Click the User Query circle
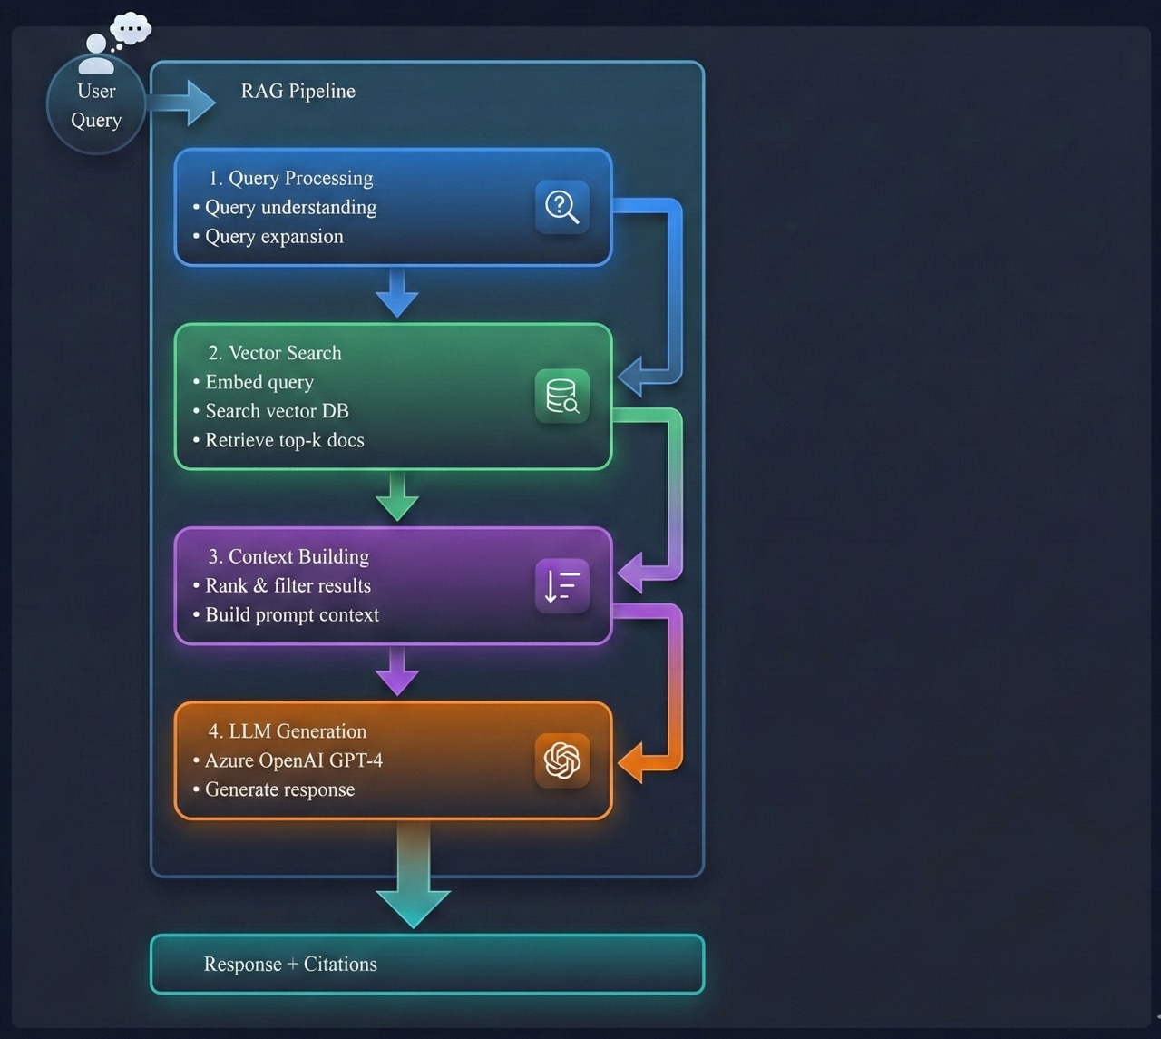point(96,105)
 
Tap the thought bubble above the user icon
point(131,29)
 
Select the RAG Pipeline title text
point(298,91)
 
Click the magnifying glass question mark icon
point(562,207)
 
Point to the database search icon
point(562,397)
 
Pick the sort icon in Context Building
point(562,586)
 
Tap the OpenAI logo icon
point(562,760)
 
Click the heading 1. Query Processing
point(290,178)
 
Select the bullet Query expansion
point(274,236)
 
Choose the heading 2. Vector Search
point(274,353)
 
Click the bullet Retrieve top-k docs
point(284,440)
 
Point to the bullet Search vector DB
point(277,411)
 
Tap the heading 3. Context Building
point(288,556)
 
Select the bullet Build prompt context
point(291,614)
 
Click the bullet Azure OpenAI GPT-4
point(293,760)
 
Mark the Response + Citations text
point(290,964)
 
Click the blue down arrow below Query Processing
point(397,293)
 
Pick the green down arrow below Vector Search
point(397,497)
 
